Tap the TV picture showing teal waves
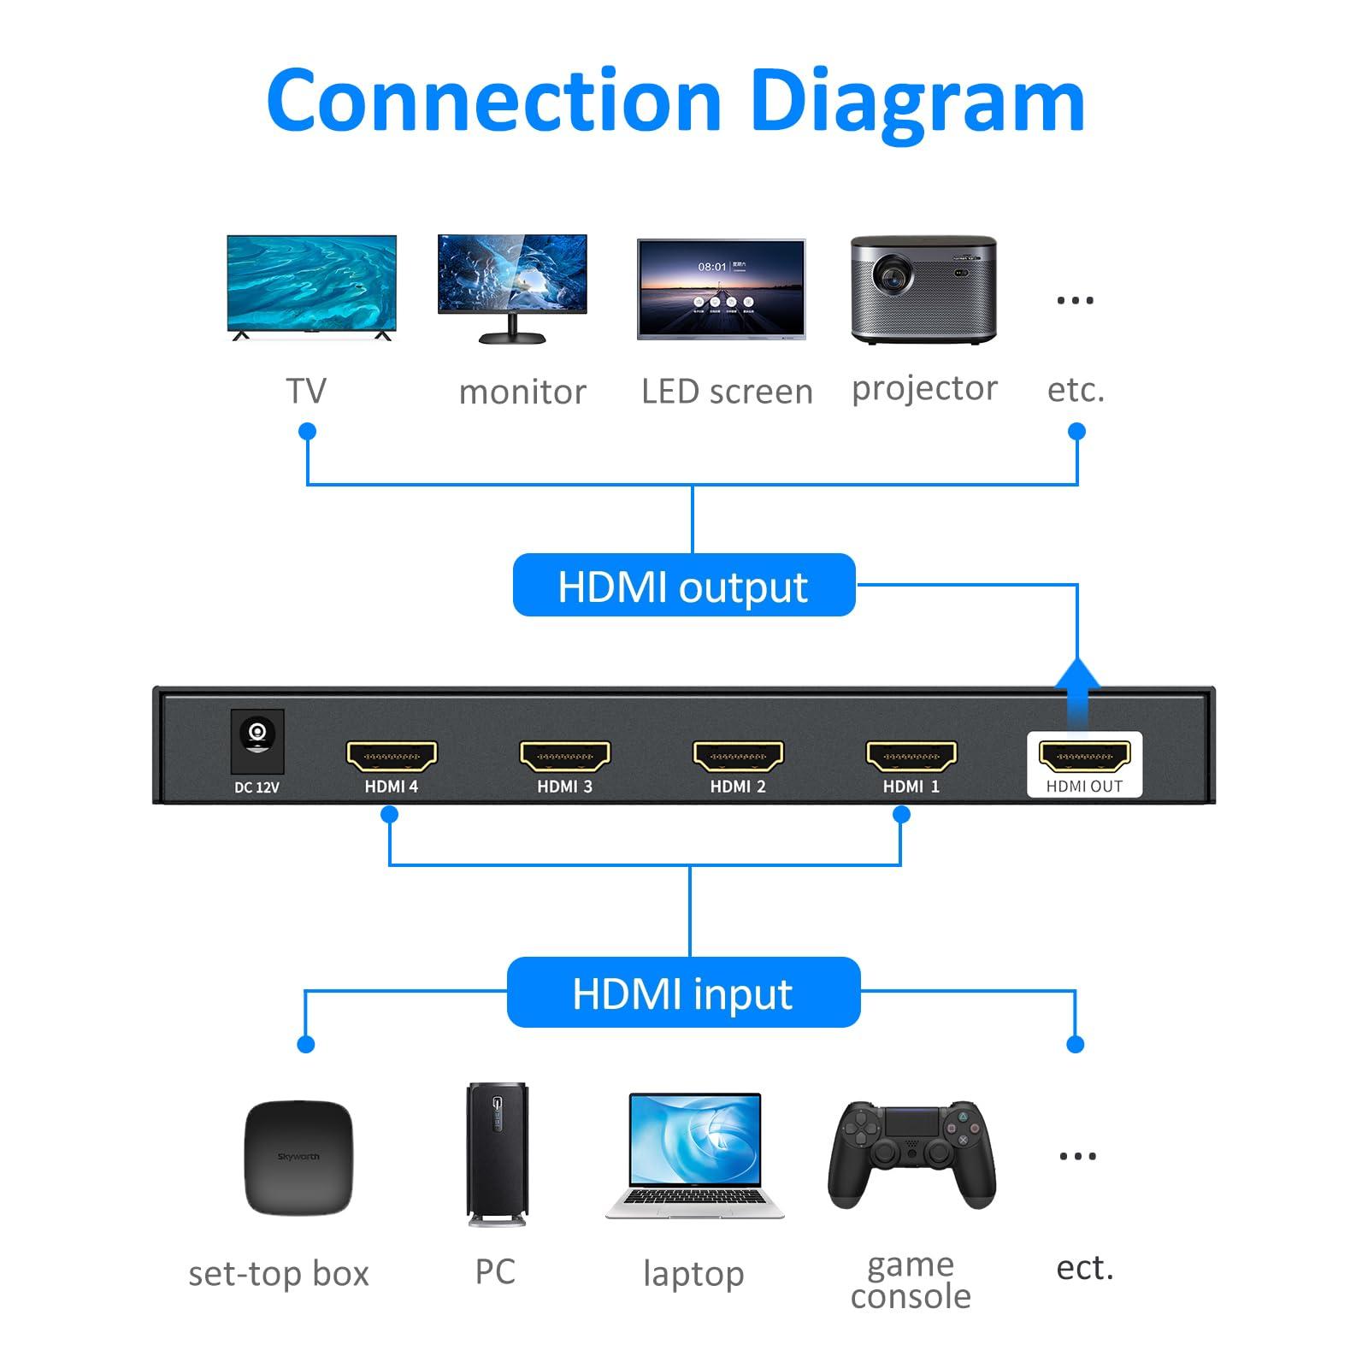pyautogui.click(x=311, y=282)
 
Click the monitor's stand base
pyautogui.click(x=512, y=338)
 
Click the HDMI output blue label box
pyautogui.click(x=683, y=586)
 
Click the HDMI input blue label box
pyautogui.click(x=683, y=993)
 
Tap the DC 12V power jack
pyautogui.click(x=257, y=734)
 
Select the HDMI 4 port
pyautogui.click(x=392, y=756)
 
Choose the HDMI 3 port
pyautogui.click(x=564, y=756)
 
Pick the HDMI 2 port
pyautogui.click(x=738, y=756)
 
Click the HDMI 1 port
pyautogui.click(x=911, y=756)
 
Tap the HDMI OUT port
pyautogui.click(x=1084, y=756)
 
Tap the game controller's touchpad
pyautogui.click(x=911, y=1122)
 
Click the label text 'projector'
pyautogui.click(x=924, y=388)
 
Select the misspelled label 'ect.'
pyautogui.click(x=1084, y=1268)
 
